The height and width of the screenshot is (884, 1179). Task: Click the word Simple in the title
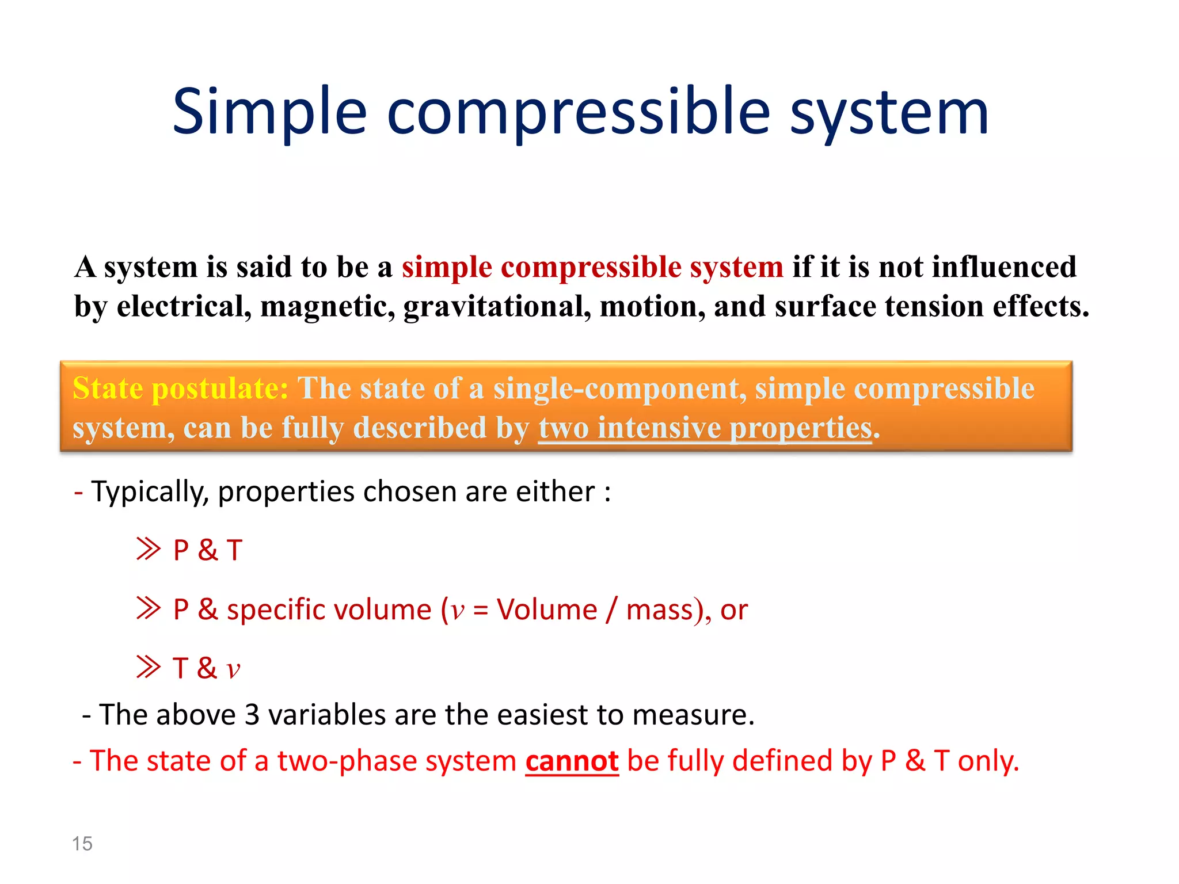269,112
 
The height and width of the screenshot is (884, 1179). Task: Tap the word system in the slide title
889,112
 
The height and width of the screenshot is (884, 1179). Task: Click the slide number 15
82,844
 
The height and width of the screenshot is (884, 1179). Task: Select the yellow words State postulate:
180,388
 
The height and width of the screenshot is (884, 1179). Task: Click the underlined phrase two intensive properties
705,429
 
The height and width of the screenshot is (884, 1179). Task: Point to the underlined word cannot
572,761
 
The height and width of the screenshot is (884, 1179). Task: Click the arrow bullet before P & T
149,549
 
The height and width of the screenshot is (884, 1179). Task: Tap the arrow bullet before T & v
149,667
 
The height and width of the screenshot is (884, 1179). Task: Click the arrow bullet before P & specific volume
149,608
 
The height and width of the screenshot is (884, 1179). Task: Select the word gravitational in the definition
497,306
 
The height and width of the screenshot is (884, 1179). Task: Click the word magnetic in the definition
328,306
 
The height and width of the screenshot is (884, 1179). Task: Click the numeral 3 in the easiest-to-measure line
252,715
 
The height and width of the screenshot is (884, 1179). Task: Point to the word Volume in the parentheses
547,609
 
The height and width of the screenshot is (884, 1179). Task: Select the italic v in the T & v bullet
233,669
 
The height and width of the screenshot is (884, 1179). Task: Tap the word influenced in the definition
1004,267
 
